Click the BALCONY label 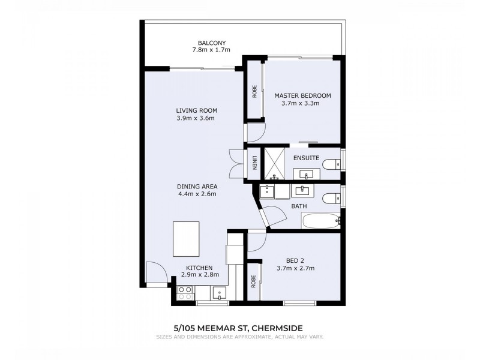pyautogui.click(x=211, y=43)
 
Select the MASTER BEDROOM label pyautogui.click(x=302, y=95)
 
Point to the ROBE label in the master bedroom pyautogui.click(x=254, y=91)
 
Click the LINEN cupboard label pyautogui.click(x=254, y=163)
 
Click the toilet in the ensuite pyautogui.click(x=331, y=163)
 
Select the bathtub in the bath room pyautogui.click(x=321, y=220)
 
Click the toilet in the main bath pyautogui.click(x=331, y=198)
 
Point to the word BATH pyautogui.click(x=298, y=206)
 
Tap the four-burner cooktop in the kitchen pyautogui.click(x=185, y=292)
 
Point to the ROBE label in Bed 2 pyautogui.click(x=254, y=281)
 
